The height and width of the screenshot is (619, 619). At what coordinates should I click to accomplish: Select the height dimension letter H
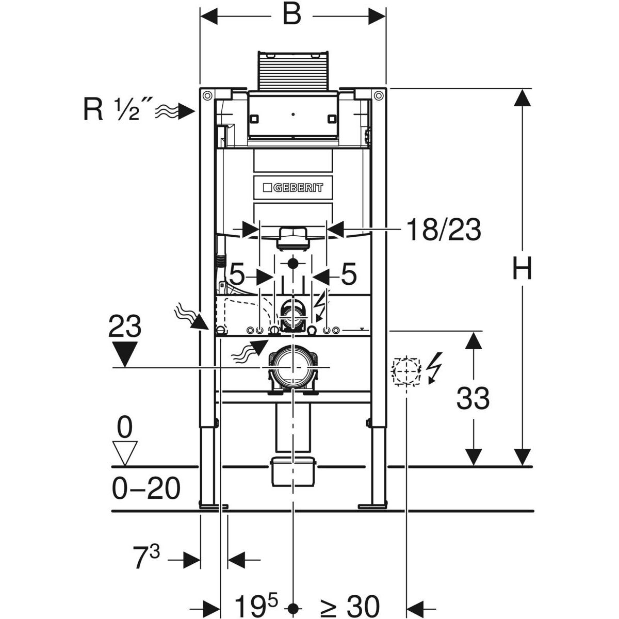click(x=523, y=269)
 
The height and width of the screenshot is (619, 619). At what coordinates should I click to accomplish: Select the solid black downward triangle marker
click(x=125, y=354)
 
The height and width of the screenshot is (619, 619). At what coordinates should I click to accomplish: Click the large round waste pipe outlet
click(x=292, y=367)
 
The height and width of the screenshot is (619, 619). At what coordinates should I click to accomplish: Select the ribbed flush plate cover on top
click(x=292, y=72)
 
